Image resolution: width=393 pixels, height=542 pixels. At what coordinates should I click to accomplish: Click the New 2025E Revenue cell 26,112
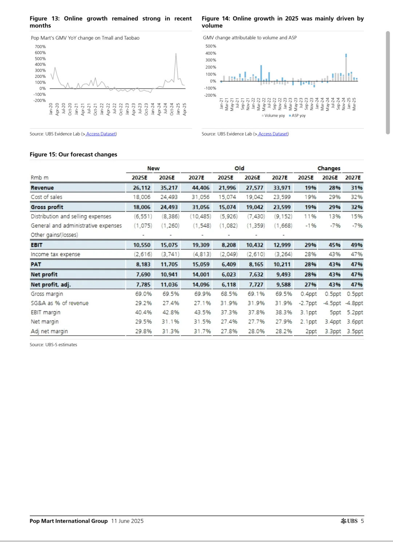[x=142, y=188]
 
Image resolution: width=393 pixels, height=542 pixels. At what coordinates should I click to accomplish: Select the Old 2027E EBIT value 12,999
[x=282, y=245]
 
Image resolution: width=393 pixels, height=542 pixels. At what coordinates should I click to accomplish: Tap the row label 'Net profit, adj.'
[x=51, y=285]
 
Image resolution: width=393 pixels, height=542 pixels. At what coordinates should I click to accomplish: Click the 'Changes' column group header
[x=329, y=168]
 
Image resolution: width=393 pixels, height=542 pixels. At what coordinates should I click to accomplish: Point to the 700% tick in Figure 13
[x=40, y=47]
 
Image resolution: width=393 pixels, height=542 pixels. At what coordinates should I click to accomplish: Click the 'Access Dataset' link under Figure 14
[x=273, y=134]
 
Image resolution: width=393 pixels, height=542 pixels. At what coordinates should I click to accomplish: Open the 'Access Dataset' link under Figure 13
[x=101, y=134]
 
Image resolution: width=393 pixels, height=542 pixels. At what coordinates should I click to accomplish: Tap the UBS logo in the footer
[x=349, y=521]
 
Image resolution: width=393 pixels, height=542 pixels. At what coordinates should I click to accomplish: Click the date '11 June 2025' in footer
[x=127, y=521]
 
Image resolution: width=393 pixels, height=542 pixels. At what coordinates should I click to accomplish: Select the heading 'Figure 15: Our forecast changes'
[x=74, y=154]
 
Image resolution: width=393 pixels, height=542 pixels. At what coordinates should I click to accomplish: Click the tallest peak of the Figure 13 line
[x=176, y=54]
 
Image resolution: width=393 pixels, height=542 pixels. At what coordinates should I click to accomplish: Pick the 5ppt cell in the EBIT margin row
[x=335, y=312]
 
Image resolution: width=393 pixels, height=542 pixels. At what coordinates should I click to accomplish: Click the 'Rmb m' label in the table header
[x=39, y=178]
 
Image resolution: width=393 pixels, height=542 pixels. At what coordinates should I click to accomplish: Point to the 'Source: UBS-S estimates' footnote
[x=53, y=345]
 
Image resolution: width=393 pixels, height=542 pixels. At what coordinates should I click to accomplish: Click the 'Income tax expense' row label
[x=55, y=254]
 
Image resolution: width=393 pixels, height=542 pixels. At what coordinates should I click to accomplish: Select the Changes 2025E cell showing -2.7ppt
[x=308, y=303]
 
